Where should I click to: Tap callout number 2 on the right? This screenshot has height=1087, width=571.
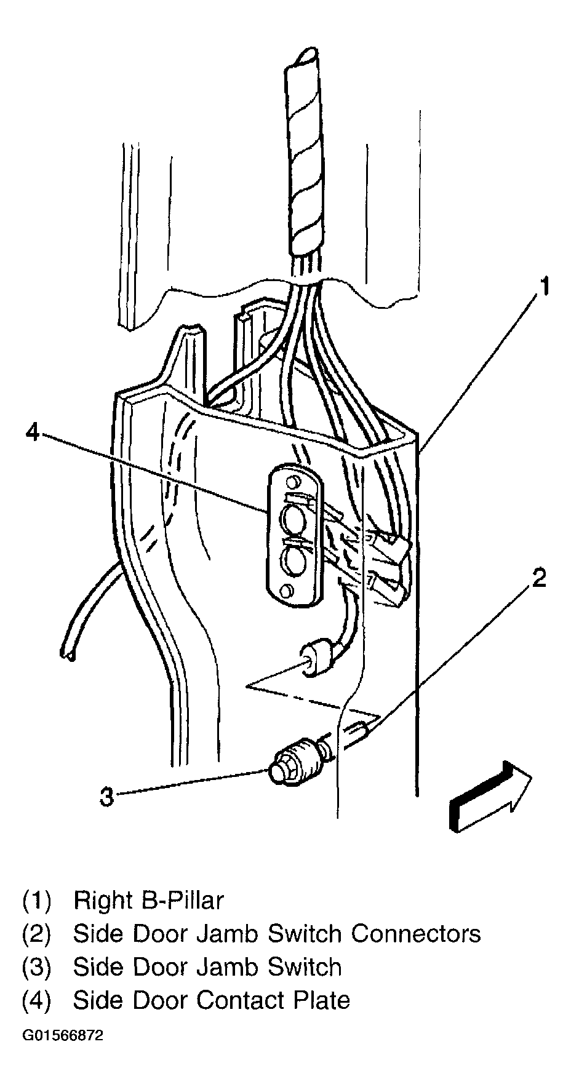(538, 579)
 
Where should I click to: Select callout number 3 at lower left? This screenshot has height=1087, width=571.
(107, 798)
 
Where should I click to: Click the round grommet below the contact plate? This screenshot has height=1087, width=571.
(315, 663)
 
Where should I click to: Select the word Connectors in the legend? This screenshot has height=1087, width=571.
(416, 934)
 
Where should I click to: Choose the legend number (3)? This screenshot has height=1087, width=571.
(37, 967)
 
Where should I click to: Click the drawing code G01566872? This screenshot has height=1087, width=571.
(63, 1036)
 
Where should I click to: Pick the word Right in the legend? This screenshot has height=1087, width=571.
(103, 901)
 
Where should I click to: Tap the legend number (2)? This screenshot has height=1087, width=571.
(37, 934)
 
